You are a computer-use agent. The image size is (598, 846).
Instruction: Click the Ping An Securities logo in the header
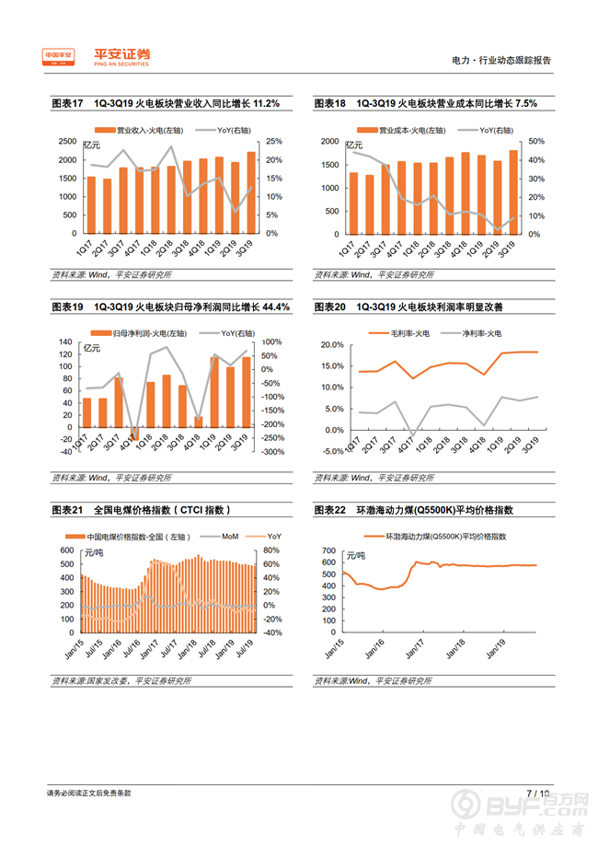96,57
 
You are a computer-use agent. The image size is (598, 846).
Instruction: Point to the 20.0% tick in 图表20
331,345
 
